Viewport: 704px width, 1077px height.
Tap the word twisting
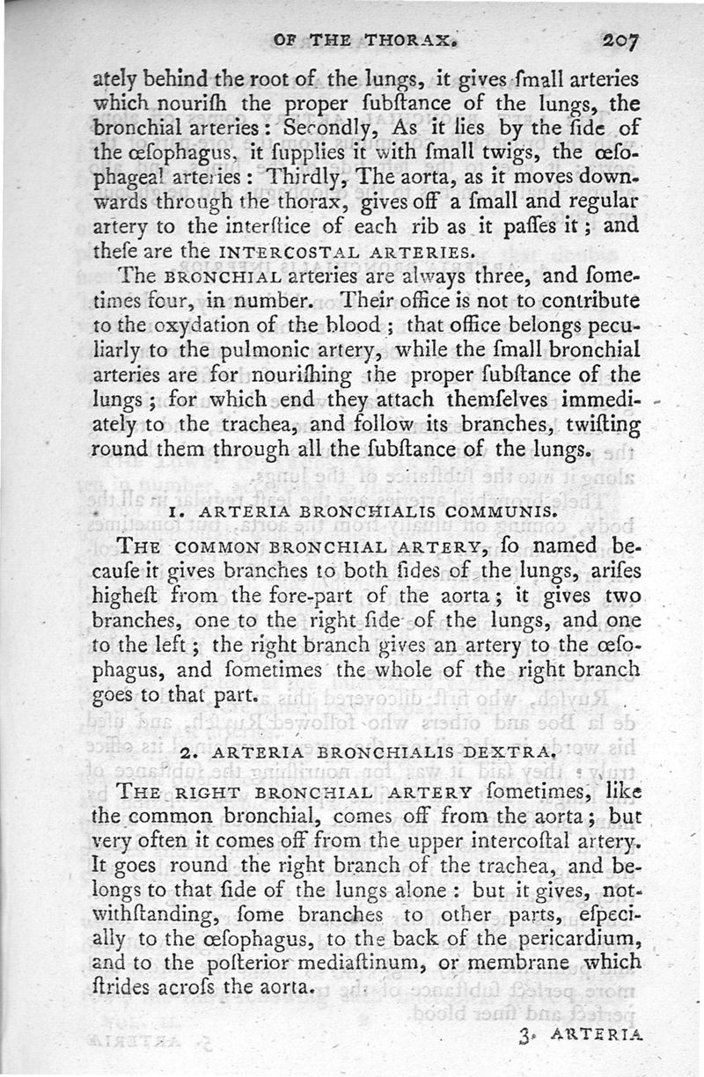click(600, 424)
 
